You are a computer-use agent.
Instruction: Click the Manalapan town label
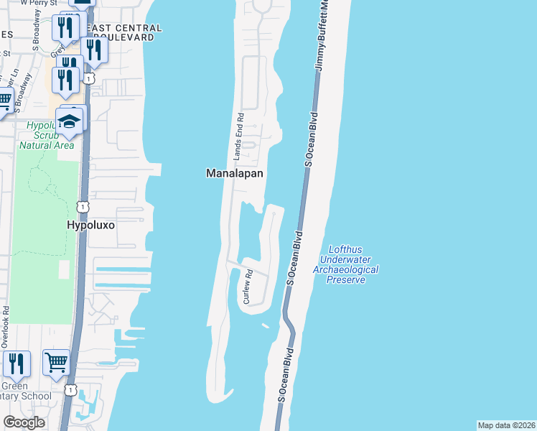coord(235,174)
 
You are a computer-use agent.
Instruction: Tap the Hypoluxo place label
coord(90,225)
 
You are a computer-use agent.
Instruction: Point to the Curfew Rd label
coord(248,287)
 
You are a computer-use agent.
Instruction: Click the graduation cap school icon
coord(70,121)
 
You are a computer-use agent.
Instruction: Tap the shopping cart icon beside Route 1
coord(56,362)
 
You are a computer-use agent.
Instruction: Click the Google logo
coord(24,422)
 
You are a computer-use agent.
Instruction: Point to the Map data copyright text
coord(505,425)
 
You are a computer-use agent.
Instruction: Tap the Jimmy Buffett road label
coord(323,36)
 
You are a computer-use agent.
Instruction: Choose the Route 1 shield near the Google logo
coord(70,390)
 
